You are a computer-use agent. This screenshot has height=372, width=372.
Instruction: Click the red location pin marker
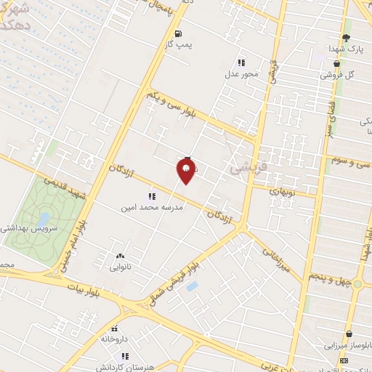pyautogui.click(x=186, y=171)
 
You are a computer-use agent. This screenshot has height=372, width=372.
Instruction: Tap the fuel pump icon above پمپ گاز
pyautogui.click(x=178, y=33)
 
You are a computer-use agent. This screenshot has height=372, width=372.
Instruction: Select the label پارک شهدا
pyautogui.click(x=344, y=49)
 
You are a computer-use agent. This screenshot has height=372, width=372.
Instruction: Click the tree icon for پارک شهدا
pyautogui.click(x=346, y=38)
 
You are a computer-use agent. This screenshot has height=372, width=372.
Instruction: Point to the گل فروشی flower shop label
pyautogui.click(x=339, y=75)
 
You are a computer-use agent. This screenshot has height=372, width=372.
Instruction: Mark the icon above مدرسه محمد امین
pyautogui.click(x=152, y=196)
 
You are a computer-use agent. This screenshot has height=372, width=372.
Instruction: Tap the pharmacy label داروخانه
pyautogui.click(x=115, y=339)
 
